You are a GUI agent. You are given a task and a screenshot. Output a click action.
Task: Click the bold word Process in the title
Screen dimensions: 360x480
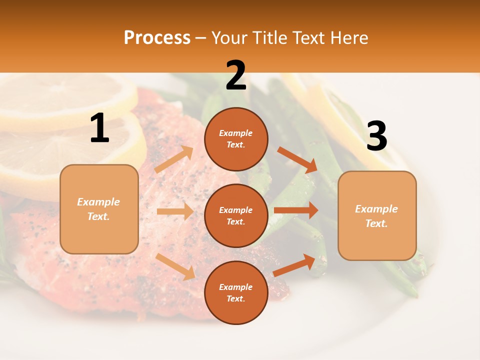point(157,38)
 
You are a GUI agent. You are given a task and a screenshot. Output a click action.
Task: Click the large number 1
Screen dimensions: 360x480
point(99,128)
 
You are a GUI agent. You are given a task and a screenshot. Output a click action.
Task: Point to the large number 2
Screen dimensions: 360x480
point(236,75)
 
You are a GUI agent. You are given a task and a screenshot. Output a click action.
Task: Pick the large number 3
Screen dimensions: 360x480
point(376,136)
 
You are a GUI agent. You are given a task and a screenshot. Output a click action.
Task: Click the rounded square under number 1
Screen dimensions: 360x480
point(99,209)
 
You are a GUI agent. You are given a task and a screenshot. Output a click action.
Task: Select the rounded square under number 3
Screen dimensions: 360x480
point(377,216)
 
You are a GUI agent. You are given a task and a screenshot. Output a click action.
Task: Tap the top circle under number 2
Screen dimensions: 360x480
point(236,139)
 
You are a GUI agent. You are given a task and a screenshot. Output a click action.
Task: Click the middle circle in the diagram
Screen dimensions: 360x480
point(236,215)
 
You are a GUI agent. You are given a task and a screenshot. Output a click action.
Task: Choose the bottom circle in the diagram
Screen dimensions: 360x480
point(236,292)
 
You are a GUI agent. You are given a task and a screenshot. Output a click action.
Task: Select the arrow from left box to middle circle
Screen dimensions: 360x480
point(175,211)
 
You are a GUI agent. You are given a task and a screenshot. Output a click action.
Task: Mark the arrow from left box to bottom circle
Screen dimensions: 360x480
point(175,266)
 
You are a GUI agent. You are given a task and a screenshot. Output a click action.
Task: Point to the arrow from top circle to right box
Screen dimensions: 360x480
point(297,160)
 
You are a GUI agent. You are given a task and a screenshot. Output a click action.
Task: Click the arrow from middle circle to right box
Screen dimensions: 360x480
point(296,210)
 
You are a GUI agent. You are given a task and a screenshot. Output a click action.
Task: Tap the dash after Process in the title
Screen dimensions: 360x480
point(200,38)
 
